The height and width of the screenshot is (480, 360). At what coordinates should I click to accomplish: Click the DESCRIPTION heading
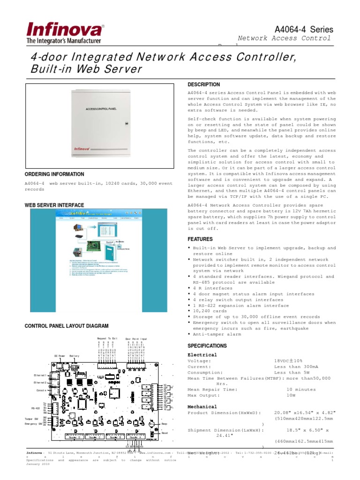203,84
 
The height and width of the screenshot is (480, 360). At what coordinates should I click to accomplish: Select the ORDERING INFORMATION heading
54,174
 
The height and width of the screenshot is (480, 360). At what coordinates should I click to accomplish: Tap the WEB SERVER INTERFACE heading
54,205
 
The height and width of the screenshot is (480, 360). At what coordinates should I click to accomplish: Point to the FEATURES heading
200,239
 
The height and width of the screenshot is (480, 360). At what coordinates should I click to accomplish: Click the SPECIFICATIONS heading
207,346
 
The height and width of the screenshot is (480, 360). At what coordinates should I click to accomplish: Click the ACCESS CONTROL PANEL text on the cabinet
101,109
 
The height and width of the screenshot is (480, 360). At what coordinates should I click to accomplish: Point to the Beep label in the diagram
164,424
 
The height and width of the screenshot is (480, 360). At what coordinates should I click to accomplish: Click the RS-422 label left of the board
36,408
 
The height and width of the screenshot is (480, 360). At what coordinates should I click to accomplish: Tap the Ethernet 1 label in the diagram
40,375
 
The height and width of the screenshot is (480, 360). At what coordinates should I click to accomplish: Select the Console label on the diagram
40,390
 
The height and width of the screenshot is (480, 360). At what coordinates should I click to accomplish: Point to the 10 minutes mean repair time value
301,390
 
